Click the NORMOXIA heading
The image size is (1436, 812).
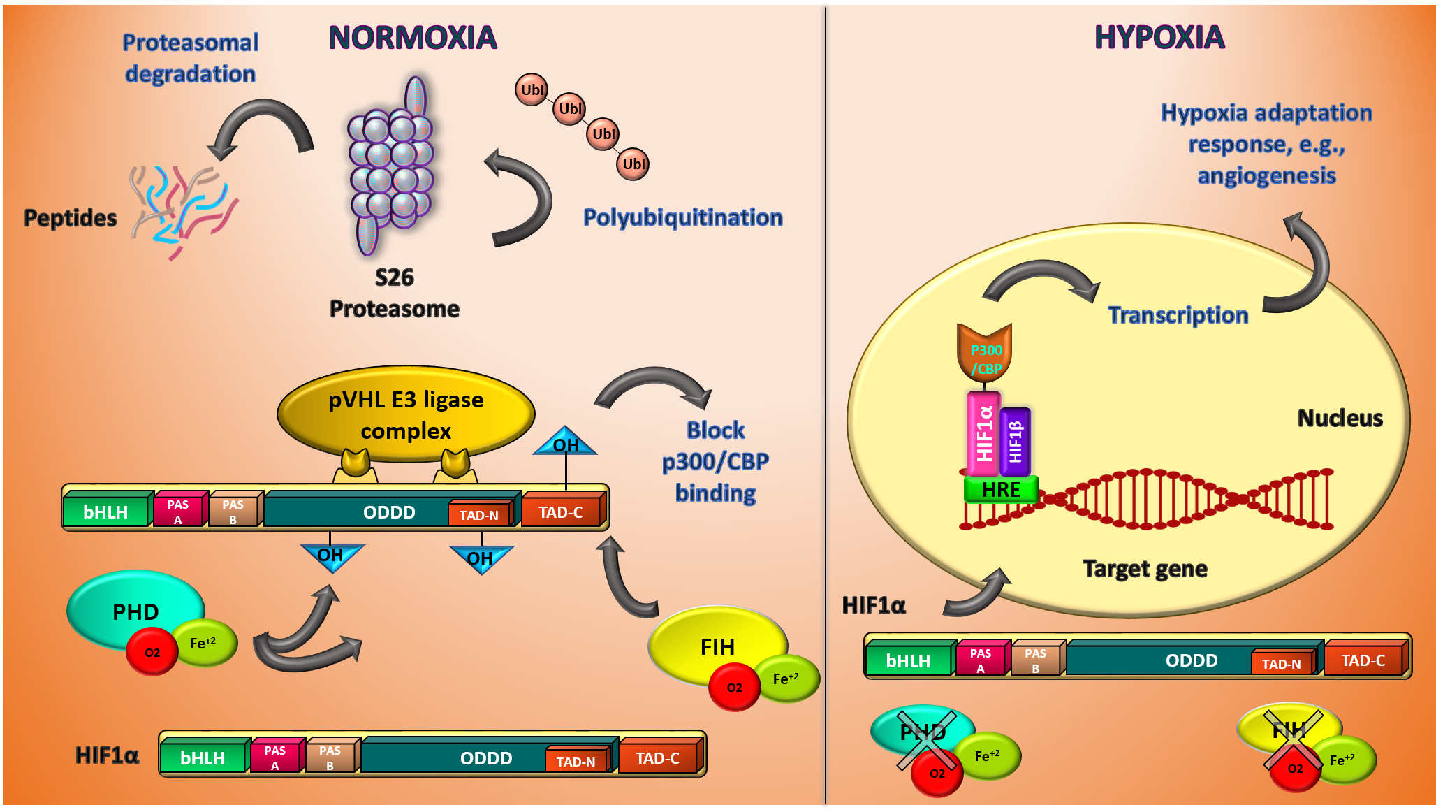tap(412, 38)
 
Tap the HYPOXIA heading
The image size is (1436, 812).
tap(1159, 37)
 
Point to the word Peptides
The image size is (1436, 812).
tap(70, 218)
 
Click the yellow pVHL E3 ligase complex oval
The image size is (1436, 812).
tap(406, 414)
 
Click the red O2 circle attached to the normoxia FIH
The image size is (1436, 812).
tap(734, 687)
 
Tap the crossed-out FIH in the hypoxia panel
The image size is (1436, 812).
tap(1289, 730)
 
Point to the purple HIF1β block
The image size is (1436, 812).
tap(1016, 441)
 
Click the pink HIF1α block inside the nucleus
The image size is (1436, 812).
tap(983, 433)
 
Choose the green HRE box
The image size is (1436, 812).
tap(1001, 490)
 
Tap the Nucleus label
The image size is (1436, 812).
tap(1340, 418)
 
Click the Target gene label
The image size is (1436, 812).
tap(1145, 569)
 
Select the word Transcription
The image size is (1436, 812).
tap(1178, 315)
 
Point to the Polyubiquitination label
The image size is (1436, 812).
tap(682, 217)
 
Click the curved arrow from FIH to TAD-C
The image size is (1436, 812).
tap(624, 580)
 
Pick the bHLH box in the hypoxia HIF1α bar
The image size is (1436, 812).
tap(908, 660)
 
